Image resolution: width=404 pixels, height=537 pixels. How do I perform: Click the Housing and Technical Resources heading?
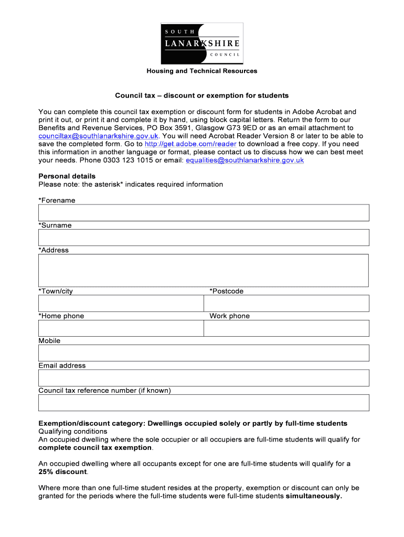[x=202, y=71]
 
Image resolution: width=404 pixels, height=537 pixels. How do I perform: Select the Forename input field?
[x=204, y=213]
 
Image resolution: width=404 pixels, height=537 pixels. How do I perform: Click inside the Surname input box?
[x=204, y=238]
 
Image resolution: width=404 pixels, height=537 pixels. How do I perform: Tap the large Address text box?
[x=204, y=271]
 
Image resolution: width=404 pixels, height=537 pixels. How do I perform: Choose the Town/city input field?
[x=121, y=303]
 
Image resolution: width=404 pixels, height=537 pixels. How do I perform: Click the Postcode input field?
[x=286, y=303]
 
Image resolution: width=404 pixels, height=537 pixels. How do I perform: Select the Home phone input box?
[x=121, y=328]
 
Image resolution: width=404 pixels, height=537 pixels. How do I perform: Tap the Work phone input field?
[x=286, y=328]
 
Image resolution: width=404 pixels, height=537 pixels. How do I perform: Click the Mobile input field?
[x=204, y=353]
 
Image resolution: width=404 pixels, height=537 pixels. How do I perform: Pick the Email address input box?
[x=204, y=378]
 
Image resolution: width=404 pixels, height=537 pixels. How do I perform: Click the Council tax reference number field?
[x=204, y=403]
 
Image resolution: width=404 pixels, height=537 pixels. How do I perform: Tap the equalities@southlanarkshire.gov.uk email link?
[x=244, y=160]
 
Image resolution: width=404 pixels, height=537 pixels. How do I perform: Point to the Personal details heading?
[x=67, y=176]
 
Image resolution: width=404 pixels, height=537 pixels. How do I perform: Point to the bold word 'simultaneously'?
[x=314, y=496]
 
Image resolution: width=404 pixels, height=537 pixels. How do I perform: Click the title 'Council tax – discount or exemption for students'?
[x=202, y=95]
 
